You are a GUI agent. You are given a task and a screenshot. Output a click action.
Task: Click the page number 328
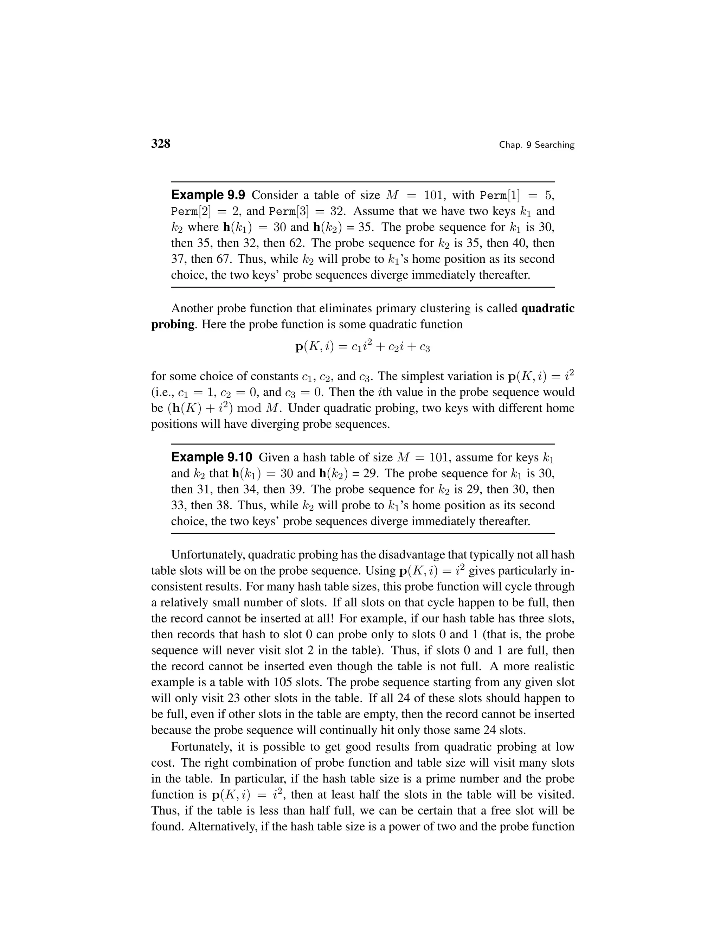click(161, 144)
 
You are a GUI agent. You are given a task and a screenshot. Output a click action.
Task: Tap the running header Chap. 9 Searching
click(536, 145)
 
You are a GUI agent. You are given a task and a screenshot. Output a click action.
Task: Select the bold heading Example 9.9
click(208, 195)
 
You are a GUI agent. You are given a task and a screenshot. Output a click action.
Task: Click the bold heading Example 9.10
click(212, 458)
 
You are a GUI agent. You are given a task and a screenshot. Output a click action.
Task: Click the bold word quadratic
click(548, 308)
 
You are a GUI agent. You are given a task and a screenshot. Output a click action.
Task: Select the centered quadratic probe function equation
click(362, 346)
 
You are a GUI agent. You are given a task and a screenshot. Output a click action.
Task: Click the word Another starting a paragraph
click(192, 308)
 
